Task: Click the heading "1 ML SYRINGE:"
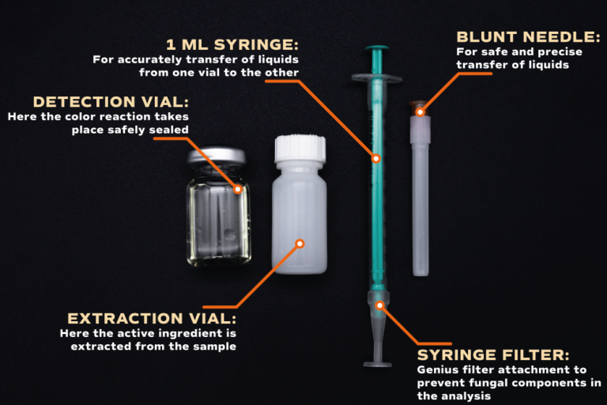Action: point(232,44)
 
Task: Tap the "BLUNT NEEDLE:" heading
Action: point(528,37)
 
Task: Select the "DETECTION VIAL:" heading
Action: point(111,102)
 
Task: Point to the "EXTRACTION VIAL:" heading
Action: point(152,319)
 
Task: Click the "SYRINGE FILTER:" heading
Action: point(493,355)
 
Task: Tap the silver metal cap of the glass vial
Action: point(217,155)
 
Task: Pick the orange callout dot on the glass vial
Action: point(238,189)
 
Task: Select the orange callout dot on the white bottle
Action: point(300,244)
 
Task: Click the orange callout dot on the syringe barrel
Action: point(376,158)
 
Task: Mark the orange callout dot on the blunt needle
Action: point(420,112)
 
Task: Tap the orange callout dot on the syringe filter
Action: point(379,305)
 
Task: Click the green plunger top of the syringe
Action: point(377,48)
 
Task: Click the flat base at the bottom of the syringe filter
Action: point(378,365)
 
